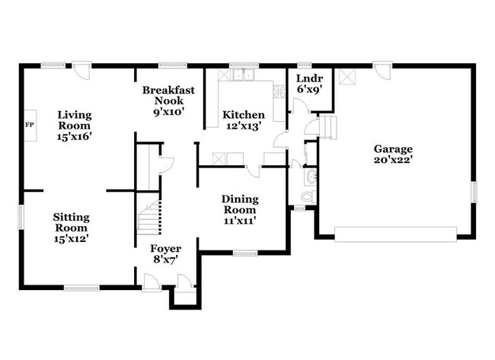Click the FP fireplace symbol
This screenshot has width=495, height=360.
30,124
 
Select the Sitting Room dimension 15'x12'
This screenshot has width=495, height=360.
70,238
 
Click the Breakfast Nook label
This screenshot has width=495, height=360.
168,90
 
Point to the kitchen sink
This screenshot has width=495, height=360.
244,75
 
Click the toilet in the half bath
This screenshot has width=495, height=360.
307,196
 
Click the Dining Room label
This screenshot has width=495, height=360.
240,204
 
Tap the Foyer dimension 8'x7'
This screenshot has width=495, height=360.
164,260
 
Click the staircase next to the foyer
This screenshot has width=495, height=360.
151,216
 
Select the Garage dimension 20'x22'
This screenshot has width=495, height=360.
392,161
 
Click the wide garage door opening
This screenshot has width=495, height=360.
397,233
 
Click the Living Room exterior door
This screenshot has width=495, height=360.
82,69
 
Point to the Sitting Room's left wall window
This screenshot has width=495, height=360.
21,215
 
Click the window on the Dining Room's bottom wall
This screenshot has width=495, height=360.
244,253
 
